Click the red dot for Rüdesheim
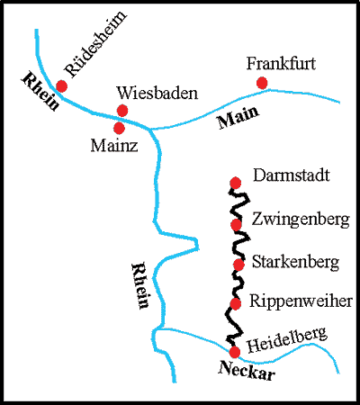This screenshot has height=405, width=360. pos(61,86)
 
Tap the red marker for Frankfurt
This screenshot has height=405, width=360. pos(262,83)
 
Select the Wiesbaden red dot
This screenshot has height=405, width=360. pos(122,111)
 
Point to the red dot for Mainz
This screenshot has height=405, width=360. pos(119,128)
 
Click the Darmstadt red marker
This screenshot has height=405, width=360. pos(236,183)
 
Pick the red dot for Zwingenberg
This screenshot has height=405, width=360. pos(236,224)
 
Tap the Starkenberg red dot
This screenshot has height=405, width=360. pos(238,265)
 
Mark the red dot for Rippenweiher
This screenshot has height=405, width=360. pos(236,304)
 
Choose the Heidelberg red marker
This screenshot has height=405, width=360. pos(235,352)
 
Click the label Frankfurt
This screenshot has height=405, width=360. pos(281,64)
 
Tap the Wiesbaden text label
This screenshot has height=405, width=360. pos(157,93)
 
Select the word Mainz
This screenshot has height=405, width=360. pos(114,146)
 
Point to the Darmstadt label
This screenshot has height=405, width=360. pos(292,175)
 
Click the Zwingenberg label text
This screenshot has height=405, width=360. pos(301,220)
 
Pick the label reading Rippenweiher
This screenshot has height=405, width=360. pos(301,301)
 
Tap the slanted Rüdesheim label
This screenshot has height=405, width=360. pos(95,44)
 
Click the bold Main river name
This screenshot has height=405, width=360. pos(238,117)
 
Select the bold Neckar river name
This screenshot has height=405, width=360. pos(247,371)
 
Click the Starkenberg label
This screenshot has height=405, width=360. pos(295,262)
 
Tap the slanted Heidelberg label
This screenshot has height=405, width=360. pos(287,340)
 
